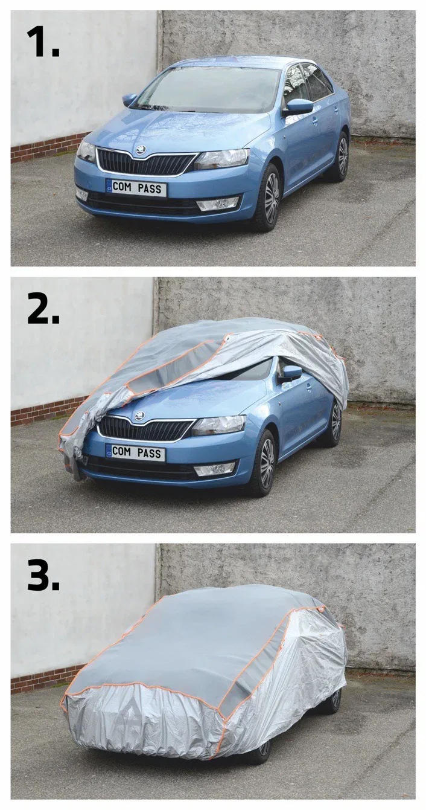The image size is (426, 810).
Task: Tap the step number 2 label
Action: pos(43,304)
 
